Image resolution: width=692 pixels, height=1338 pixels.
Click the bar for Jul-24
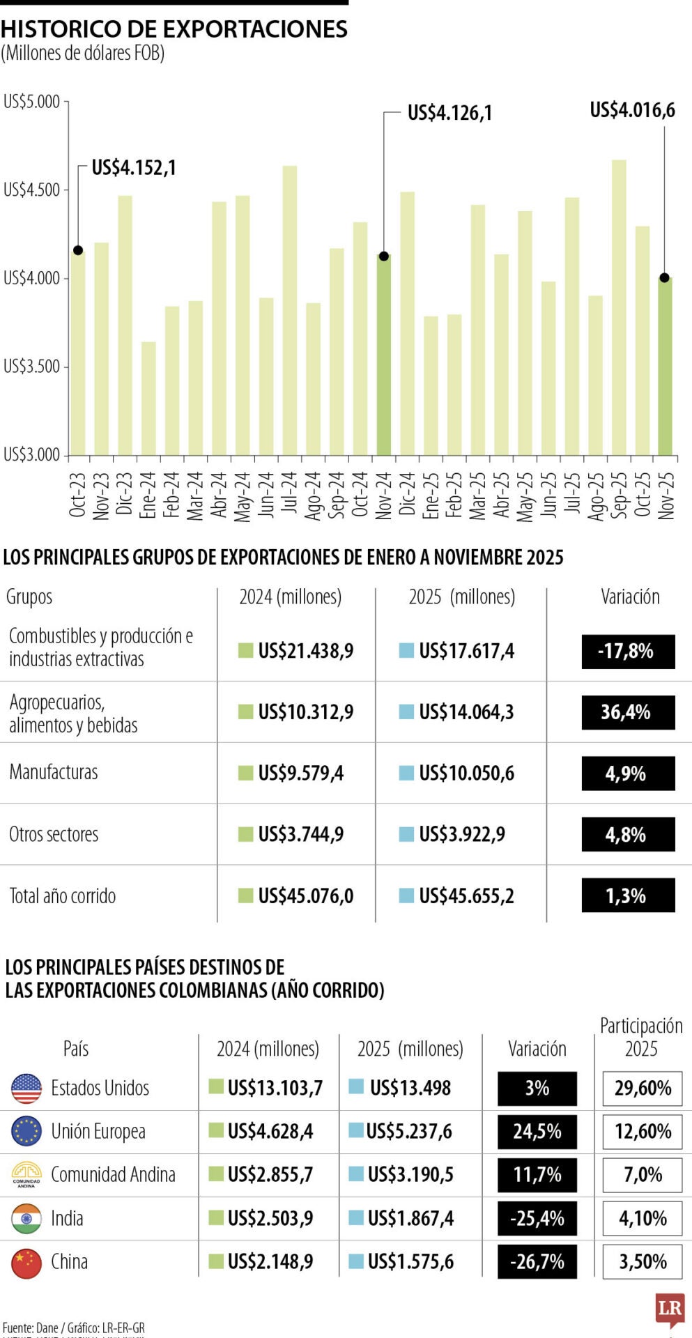tap(290, 310)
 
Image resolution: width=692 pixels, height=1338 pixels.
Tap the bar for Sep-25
tap(619, 307)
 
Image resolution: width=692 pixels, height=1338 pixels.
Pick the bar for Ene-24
tap(148, 398)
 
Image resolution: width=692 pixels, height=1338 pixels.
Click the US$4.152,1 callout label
tap(134, 168)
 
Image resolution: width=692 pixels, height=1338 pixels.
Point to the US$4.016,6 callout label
tap(632, 110)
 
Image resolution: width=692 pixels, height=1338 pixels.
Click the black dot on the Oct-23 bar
tap(78, 250)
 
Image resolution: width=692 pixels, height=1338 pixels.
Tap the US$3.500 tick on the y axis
tap(32, 367)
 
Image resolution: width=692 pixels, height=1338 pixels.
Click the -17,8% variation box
tap(628, 652)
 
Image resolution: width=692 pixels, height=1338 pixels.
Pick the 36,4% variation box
tap(628, 712)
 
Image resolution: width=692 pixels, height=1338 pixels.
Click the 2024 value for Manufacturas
tap(300, 773)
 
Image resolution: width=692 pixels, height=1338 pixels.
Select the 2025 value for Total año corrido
tap(466, 895)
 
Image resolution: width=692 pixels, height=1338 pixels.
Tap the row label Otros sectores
tap(54, 834)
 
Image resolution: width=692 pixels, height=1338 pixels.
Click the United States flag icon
tap(26, 1088)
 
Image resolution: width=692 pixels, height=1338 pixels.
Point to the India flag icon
tap(26, 1218)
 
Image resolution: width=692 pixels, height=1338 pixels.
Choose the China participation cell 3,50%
tap(643, 1261)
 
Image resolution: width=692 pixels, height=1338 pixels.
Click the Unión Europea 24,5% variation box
tap(537, 1131)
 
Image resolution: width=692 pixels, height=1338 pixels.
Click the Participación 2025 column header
tap(641, 1037)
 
